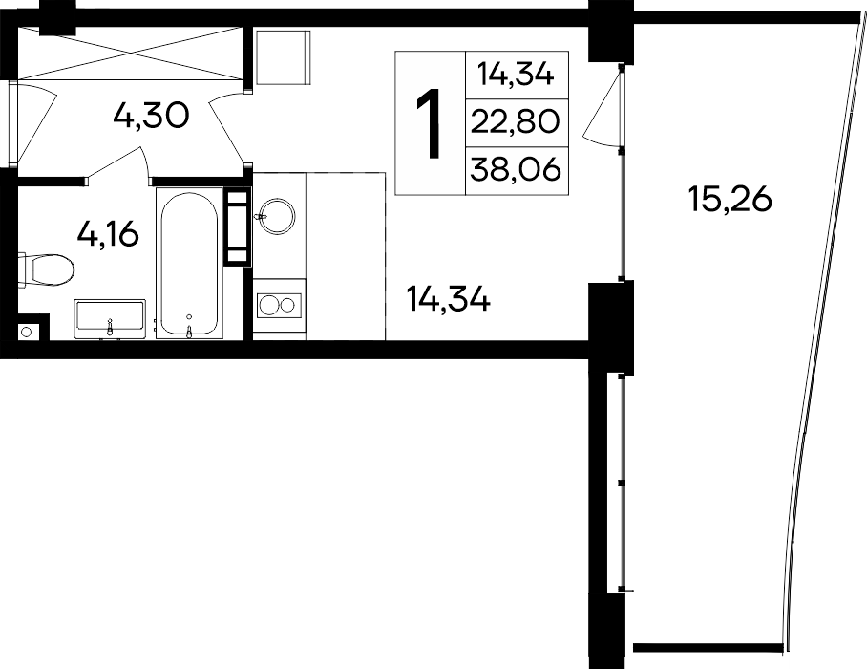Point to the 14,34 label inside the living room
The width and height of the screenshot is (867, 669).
[448, 301]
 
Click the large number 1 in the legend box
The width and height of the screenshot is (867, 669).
[431, 122]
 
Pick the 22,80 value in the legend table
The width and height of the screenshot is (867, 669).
[514, 121]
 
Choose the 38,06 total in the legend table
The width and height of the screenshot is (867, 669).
[514, 170]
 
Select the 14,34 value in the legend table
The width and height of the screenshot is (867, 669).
[514, 74]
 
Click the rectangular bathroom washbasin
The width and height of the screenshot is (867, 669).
[110, 317]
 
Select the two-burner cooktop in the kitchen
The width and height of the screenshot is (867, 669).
[279, 305]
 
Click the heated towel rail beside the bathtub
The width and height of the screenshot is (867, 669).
[236, 227]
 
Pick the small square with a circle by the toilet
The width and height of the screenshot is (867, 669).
[26, 332]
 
